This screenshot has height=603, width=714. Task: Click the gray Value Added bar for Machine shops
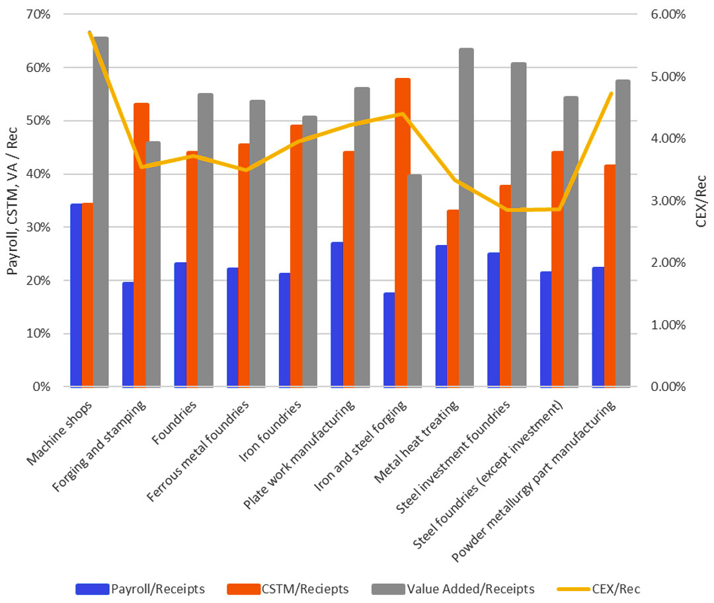pyautogui.click(x=100, y=211)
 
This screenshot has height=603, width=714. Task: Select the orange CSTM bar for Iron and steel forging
pyautogui.click(x=403, y=232)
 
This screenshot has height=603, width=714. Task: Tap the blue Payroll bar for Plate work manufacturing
pyautogui.click(x=337, y=314)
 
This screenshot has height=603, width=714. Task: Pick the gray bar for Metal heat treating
pyautogui.click(x=466, y=217)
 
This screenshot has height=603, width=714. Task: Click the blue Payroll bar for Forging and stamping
pyautogui.click(x=128, y=334)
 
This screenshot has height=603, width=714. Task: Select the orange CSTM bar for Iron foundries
pyautogui.click(x=296, y=256)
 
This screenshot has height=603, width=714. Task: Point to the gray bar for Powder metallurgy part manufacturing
pyautogui.click(x=623, y=233)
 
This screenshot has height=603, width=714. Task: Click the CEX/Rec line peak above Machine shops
pyautogui.click(x=90, y=32)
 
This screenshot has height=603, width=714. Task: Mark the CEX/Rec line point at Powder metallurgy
pyautogui.click(x=612, y=93)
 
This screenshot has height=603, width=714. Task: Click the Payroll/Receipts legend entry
pyautogui.click(x=140, y=589)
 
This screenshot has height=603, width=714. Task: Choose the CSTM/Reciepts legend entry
pyautogui.click(x=288, y=589)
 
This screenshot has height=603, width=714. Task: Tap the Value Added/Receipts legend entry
pyautogui.click(x=453, y=589)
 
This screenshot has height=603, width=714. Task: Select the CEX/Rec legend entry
pyautogui.click(x=599, y=589)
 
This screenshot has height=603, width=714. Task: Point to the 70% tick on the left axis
pyautogui.click(x=38, y=14)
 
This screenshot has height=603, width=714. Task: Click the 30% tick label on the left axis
pyautogui.click(x=38, y=227)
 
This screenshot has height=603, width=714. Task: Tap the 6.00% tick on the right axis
pyautogui.click(x=668, y=14)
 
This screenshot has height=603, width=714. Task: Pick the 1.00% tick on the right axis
pyautogui.click(x=668, y=325)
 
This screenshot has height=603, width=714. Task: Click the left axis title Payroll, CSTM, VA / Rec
pyautogui.click(x=13, y=201)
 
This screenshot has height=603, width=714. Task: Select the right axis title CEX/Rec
pyautogui.click(x=701, y=201)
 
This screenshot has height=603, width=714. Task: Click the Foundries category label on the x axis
pyautogui.click(x=175, y=423)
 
